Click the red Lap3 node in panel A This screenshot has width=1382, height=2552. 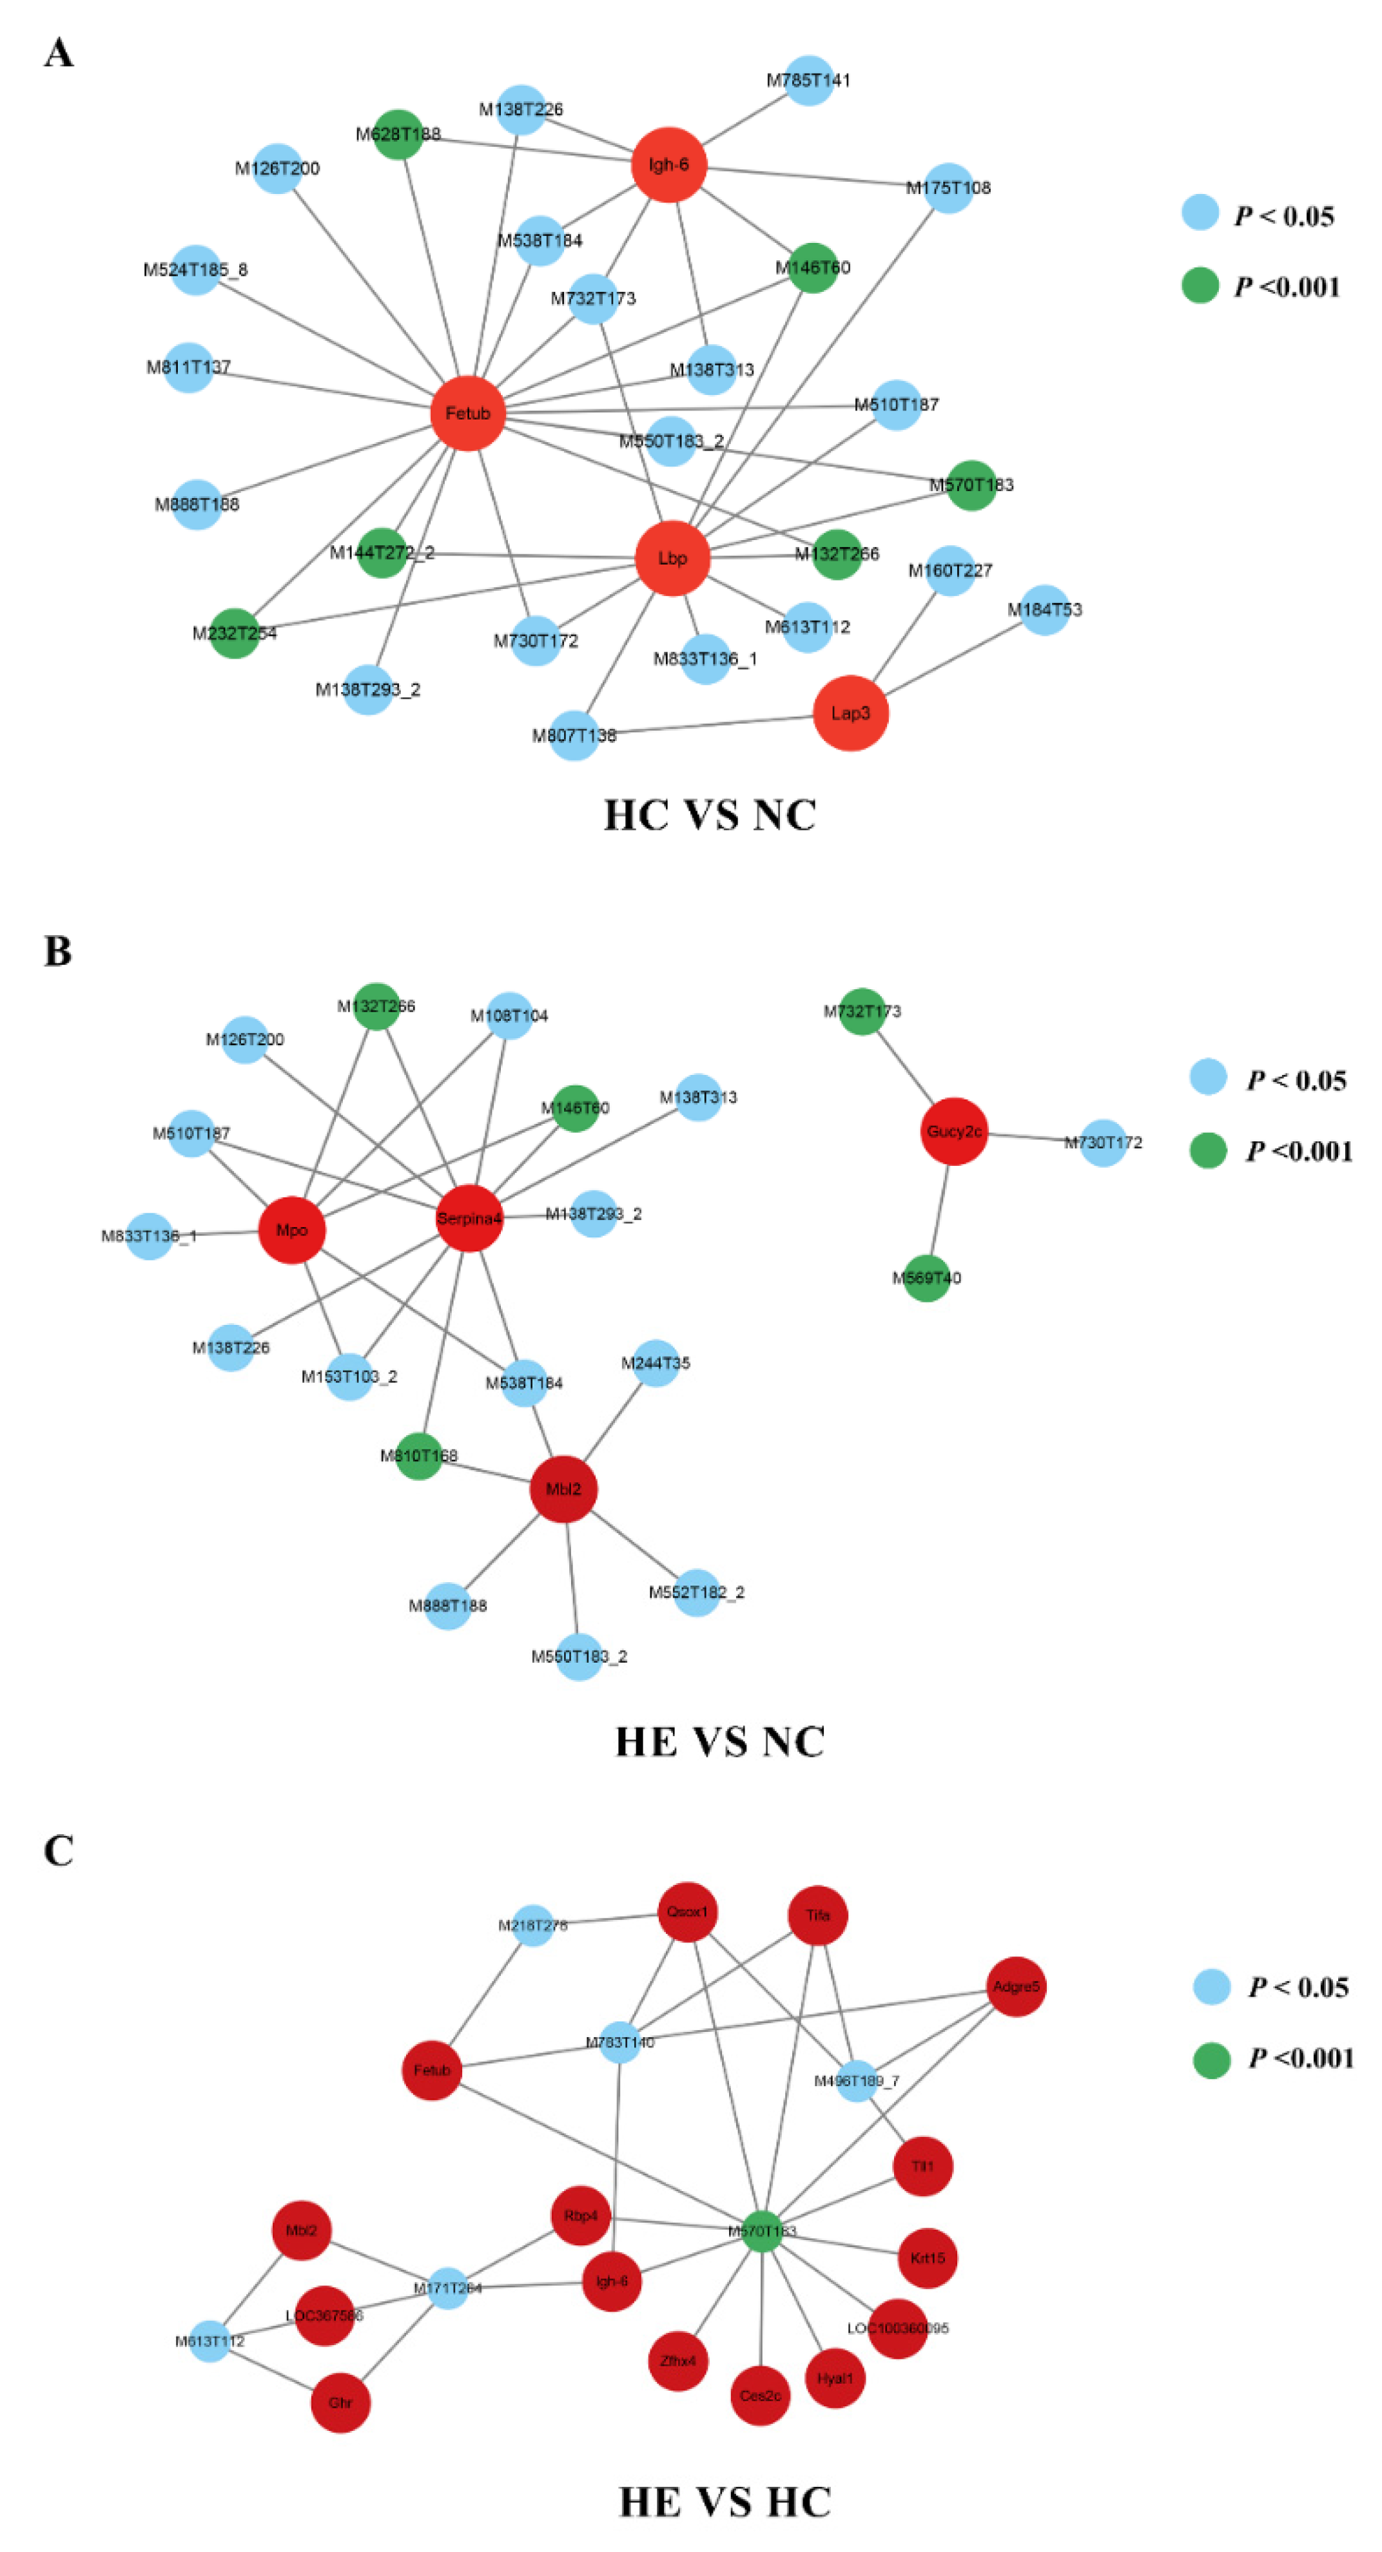pyautogui.click(x=850, y=713)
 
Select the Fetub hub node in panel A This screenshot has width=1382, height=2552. pyautogui.click(x=467, y=413)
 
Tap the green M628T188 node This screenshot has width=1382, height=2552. pyautogui.click(x=398, y=134)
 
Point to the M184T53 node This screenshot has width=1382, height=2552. pyautogui.click(x=1044, y=609)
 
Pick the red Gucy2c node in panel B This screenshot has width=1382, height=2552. pyautogui.click(x=954, y=1132)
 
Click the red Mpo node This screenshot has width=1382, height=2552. pyautogui.click(x=292, y=1230)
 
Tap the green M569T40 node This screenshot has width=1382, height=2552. pyautogui.click(x=926, y=1277)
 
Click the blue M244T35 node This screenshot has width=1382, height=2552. pyautogui.click(x=656, y=1363)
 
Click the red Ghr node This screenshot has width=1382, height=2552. pyautogui.click(x=340, y=2402)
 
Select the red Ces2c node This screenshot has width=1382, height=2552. pyautogui.click(x=760, y=2395)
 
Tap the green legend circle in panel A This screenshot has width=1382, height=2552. pyautogui.click(x=1200, y=285)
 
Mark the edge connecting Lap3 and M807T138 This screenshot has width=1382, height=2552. pyautogui.click(x=714, y=724)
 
